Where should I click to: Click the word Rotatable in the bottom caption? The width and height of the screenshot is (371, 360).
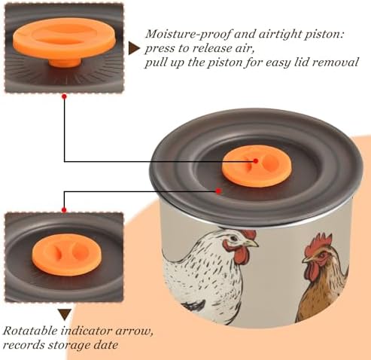click(30, 331)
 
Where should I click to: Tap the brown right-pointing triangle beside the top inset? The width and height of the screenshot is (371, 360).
click(134, 48)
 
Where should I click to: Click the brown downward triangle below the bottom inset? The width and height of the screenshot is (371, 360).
click(65, 315)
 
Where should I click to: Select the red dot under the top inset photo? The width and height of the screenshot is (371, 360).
click(64, 96)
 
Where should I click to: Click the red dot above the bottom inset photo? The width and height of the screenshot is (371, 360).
click(64, 210)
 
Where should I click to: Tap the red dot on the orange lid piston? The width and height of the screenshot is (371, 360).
click(255, 161)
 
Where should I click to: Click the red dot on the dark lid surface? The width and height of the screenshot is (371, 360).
click(218, 191)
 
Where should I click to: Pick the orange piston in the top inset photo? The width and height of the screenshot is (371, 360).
click(65, 42)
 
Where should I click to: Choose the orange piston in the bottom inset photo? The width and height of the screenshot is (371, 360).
click(66, 255)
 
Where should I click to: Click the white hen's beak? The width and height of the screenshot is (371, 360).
click(251, 243)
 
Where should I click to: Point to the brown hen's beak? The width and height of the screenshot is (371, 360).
click(306, 259)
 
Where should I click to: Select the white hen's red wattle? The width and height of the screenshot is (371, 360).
click(241, 253)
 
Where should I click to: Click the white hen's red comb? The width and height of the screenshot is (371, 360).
click(248, 234)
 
